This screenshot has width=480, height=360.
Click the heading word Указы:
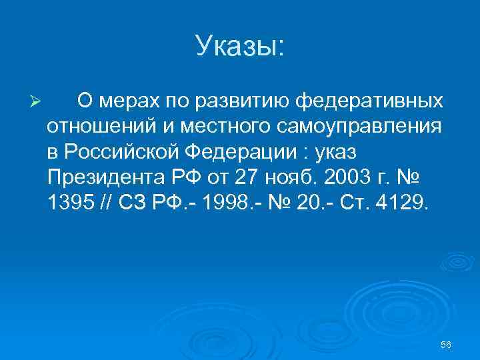(x=240, y=46)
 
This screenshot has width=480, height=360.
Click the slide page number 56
(x=446, y=344)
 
